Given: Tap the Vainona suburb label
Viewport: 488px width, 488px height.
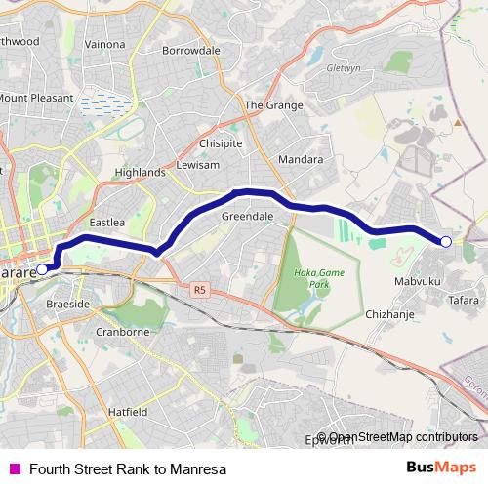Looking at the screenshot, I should pyautogui.click(x=105, y=44).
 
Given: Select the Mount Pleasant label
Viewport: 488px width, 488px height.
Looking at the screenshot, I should pyautogui.click(x=35, y=99).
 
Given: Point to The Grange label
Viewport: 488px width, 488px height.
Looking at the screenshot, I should pyautogui.click(x=267, y=105).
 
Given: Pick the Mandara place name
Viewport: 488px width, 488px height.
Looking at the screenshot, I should pyautogui.click(x=300, y=158).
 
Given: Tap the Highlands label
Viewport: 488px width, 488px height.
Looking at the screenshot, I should pyautogui.click(x=140, y=172).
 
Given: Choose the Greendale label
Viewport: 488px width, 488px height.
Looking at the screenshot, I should pyautogui.click(x=246, y=215).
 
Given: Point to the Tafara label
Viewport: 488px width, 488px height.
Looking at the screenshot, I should pyautogui.click(x=464, y=301).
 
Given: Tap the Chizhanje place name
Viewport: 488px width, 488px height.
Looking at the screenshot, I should pyautogui.click(x=390, y=314).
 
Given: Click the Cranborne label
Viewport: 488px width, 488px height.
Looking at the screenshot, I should pyautogui.click(x=122, y=332).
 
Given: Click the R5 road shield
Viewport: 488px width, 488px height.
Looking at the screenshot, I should pyautogui.click(x=200, y=289).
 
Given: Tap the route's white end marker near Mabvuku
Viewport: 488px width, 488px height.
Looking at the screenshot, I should pyautogui.click(x=446, y=241).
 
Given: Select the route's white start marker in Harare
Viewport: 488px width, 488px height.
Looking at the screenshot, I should pyautogui.click(x=41, y=268).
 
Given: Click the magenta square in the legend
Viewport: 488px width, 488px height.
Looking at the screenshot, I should pyautogui.click(x=14, y=468).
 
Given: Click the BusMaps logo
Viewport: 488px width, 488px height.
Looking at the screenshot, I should pyautogui.click(x=441, y=467).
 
